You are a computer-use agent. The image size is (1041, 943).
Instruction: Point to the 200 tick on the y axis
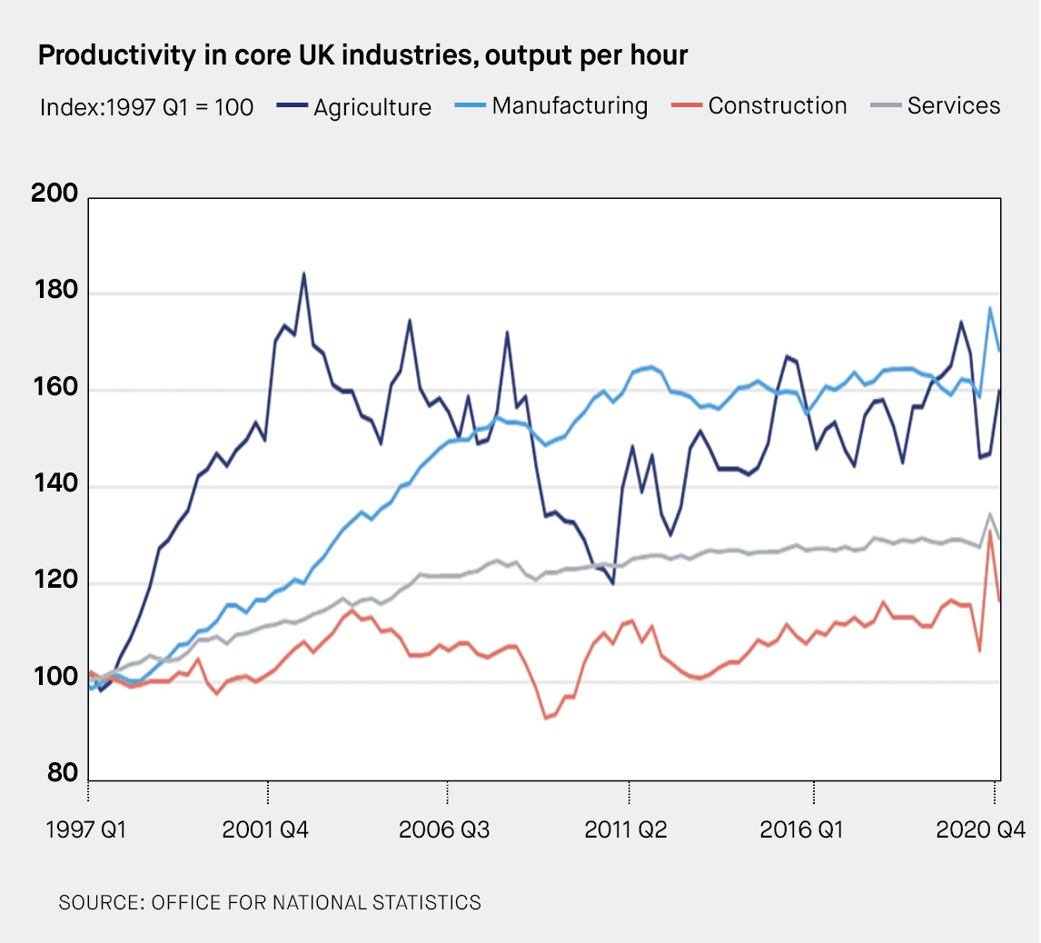(x=57, y=196)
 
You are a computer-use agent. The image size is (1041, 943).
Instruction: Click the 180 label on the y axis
(x=57, y=293)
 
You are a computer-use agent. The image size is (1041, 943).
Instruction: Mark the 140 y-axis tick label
(x=57, y=487)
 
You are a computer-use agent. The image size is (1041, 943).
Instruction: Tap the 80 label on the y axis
(x=63, y=773)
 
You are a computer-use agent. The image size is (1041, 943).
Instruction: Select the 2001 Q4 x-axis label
(x=267, y=830)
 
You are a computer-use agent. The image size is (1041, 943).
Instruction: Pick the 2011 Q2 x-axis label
(x=626, y=830)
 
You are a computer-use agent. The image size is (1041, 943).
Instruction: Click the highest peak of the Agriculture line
(x=303, y=273)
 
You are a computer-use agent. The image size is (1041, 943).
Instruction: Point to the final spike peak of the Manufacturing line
(x=989, y=308)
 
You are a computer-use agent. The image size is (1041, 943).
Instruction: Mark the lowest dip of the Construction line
(x=545, y=719)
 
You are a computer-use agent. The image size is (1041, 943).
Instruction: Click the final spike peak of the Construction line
(x=989, y=531)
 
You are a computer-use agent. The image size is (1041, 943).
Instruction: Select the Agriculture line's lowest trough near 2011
(x=613, y=584)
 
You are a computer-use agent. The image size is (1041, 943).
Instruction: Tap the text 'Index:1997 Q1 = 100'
(x=146, y=107)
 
